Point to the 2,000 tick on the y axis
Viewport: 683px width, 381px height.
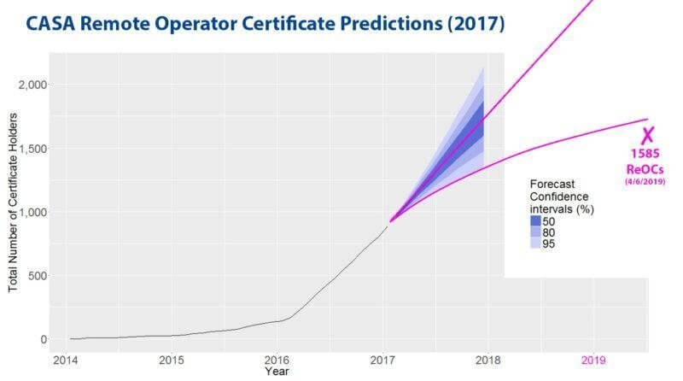(x=32, y=85)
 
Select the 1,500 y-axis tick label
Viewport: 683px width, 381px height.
(x=32, y=149)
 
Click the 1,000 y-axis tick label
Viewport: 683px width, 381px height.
(x=32, y=212)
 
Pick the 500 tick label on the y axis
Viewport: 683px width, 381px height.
(x=38, y=276)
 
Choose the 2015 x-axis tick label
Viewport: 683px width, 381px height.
(x=171, y=360)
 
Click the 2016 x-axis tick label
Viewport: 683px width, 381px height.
(x=277, y=360)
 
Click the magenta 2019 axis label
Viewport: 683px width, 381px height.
(x=593, y=360)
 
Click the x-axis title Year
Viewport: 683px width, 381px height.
(x=277, y=372)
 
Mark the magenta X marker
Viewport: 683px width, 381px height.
(x=647, y=134)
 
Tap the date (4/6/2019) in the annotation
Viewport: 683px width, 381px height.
(x=646, y=181)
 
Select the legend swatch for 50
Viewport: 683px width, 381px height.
(x=535, y=221)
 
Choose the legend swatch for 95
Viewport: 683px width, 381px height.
(x=535, y=243)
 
